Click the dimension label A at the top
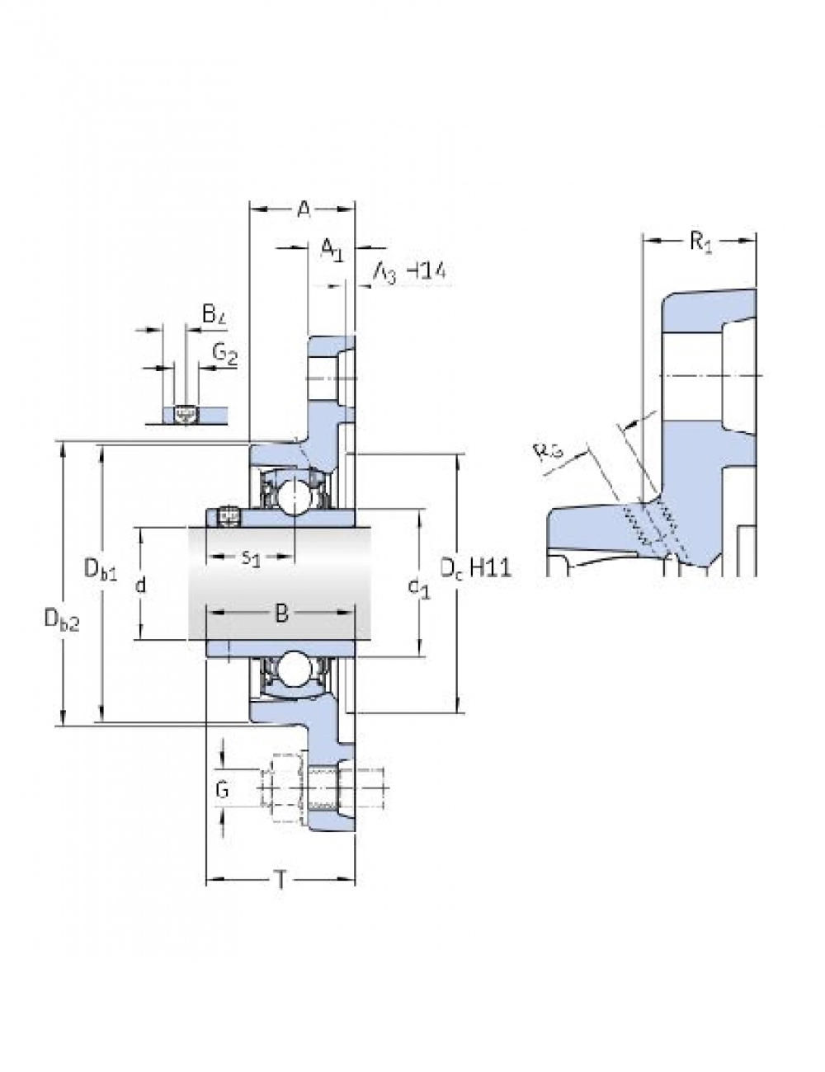coord(304,209)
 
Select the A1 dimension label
coord(332,249)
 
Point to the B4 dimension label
coord(214,313)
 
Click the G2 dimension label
coord(225,355)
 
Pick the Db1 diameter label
coord(101,569)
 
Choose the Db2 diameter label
coord(62,618)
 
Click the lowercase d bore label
coord(140,585)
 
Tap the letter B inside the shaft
coord(281,613)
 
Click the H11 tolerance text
coord(490,567)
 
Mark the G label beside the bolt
coord(222,790)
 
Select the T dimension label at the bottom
coord(280,881)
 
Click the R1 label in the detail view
coord(700,242)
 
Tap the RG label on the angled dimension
coord(548,452)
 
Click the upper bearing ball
coord(293,496)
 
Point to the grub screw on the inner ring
coord(226,517)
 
